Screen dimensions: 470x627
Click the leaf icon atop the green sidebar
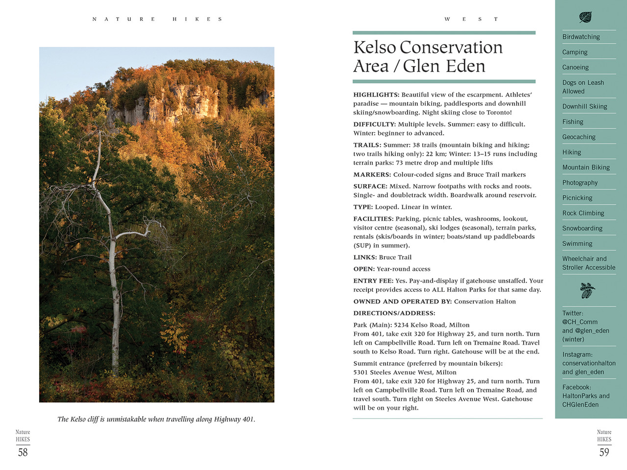click(x=585, y=18)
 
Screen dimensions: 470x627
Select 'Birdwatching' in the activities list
click(x=581, y=37)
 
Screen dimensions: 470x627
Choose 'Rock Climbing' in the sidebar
click(x=583, y=213)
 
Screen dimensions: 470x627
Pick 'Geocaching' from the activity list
click(x=579, y=137)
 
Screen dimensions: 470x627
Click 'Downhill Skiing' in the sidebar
click(x=584, y=106)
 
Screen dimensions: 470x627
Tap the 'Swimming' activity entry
click(x=577, y=243)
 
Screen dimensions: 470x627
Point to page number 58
click(x=23, y=452)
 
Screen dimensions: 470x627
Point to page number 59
click(x=604, y=452)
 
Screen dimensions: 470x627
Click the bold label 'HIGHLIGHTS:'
click(x=376, y=95)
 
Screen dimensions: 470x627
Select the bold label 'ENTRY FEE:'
click(x=373, y=281)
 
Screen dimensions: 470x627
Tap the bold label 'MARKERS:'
click(x=372, y=175)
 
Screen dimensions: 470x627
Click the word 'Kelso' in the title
click(x=375, y=47)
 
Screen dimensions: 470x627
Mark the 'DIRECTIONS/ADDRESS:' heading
click(x=394, y=313)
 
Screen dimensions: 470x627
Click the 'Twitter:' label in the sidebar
click(x=573, y=313)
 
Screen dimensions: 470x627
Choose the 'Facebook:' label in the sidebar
click(x=577, y=387)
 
